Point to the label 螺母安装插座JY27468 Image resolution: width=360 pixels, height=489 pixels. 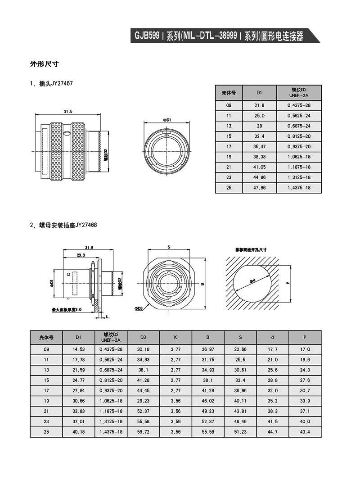tap(68, 225)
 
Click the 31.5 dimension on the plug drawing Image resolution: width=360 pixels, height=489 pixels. tap(68, 111)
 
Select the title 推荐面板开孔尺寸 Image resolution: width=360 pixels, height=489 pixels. tap(251, 249)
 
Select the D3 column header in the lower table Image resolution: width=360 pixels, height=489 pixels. tap(143, 337)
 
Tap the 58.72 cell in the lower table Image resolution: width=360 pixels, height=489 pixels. tap(143, 432)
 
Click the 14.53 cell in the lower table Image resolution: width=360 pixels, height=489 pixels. tap(78, 349)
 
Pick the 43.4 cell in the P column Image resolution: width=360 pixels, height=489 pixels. tap(305, 432)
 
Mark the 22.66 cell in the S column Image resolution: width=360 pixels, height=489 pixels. tap(240, 349)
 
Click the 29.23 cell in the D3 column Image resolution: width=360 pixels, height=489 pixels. tap(143, 401)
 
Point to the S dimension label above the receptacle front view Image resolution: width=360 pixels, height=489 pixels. tap(168, 247)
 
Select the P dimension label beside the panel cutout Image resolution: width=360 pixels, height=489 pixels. tap(287, 283)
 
